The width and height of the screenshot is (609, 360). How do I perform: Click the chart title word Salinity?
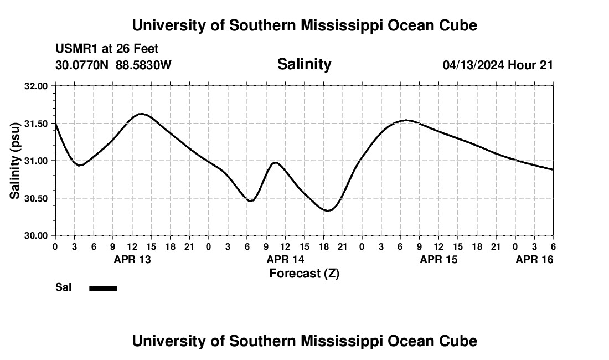click(x=304, y=64)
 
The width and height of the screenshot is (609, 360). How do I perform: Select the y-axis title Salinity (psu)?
click(x=15, y=161)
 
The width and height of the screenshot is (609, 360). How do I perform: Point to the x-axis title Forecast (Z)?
click(x=304, y=273)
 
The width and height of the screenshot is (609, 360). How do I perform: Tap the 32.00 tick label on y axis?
click(x=37, y=86)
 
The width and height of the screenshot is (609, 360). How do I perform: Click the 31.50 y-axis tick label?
click(x=37, y=124)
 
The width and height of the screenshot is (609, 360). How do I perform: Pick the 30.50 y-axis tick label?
click(x=37, y=198)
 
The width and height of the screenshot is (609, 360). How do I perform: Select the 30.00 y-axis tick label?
click(x=37, y=235)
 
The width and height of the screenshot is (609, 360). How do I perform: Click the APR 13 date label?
click(x=132, y=259)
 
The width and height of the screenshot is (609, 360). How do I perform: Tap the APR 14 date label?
click(x=285, y=259)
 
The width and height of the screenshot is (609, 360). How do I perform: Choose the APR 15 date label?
click(x=438, y=259)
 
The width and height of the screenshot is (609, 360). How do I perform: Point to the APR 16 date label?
click(x=534, y=259)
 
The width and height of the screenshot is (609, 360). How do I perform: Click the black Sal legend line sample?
click(x=103, y=288)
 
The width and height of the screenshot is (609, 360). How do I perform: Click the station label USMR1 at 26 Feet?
click(x=107, y=49)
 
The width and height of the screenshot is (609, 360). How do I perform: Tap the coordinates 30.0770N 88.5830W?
click(x=113, y=65)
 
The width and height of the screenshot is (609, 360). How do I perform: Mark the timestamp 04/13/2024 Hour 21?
click(x=498, y=65)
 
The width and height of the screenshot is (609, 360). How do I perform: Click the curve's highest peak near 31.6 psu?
click(x=141, y=114)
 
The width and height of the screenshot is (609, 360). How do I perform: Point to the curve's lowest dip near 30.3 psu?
click(x=328, y=210)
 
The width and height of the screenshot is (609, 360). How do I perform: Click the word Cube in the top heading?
click(x=458, y=25)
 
